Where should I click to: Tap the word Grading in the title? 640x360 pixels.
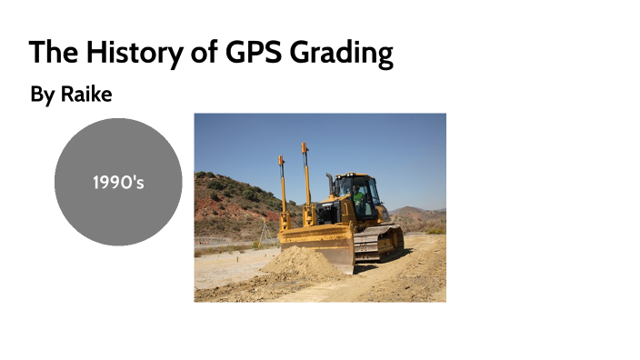[341, 54]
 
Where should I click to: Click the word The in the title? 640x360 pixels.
[53, 52]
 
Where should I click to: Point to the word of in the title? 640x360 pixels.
[205, 52]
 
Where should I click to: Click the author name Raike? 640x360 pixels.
[85, 94]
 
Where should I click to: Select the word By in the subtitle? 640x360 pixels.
[42, 95]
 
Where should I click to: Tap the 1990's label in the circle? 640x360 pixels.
[118, 183]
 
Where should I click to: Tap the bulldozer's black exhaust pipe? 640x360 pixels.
[330, 185]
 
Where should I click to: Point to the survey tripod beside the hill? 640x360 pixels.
[265, 233]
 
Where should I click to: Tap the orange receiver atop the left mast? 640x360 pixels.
[282, 161]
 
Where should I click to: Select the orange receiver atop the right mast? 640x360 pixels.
[305, 147]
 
